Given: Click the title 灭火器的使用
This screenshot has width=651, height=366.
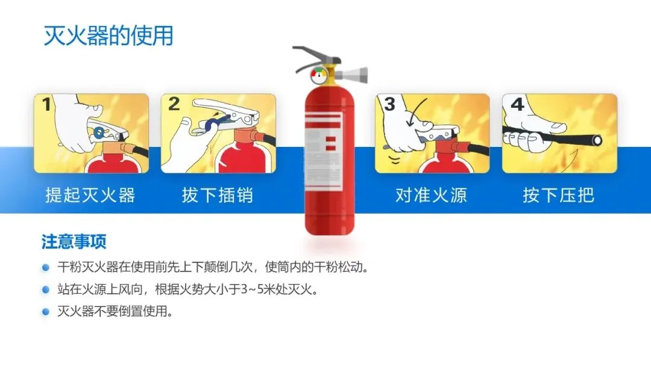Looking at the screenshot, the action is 108,36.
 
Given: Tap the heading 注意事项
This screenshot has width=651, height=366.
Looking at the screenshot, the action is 74,241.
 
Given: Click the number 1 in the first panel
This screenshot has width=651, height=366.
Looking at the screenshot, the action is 46,105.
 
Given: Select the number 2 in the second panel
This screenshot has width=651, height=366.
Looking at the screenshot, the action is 174,104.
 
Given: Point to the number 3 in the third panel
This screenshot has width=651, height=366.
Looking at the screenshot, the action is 389,104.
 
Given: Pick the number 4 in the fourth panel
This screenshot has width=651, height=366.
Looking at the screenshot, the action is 517,104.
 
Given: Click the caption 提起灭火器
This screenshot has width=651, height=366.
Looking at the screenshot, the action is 90,195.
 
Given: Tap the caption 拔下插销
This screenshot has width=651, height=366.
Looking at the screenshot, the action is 217,195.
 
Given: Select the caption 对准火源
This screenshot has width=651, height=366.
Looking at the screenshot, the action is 431,195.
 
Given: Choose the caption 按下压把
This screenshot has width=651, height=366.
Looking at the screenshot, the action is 558,195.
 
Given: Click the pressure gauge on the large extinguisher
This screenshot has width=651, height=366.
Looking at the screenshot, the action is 319,75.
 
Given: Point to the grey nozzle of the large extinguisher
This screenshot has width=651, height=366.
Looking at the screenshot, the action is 351,75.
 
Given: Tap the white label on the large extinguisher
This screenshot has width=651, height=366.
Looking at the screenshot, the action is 324,151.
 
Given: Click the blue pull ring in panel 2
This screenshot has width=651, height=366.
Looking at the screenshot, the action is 213,123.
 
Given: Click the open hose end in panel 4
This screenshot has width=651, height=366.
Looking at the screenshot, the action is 597,140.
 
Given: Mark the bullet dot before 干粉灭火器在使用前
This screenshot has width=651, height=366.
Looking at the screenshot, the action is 46,267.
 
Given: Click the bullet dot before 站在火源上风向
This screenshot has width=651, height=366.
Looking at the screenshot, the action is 46,290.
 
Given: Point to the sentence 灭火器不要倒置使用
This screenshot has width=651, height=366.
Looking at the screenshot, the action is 115,311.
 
